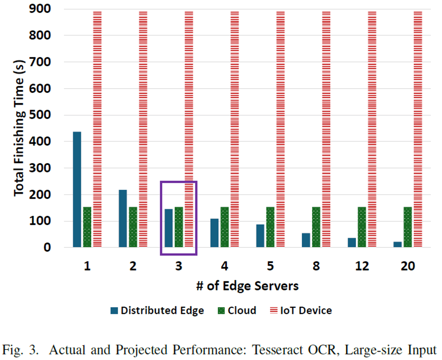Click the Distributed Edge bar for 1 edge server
77,189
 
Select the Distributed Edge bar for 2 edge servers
123,219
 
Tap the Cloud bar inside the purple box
179,227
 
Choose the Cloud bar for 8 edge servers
316,227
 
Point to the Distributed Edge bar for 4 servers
214,233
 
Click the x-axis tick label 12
362,266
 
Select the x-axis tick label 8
316,266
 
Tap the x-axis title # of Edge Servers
247,286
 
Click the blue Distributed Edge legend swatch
114,311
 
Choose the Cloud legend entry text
242,311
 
